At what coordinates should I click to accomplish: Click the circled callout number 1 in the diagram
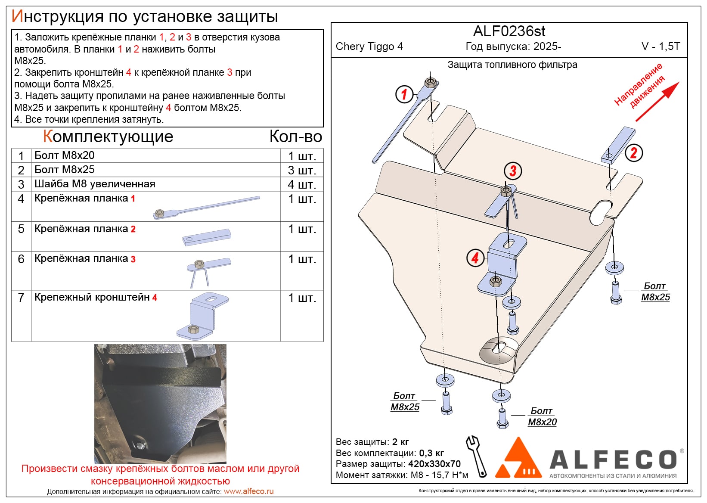(404, 94)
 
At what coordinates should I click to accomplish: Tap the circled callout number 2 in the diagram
(633, 152)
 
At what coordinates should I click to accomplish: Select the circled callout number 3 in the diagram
(512, 171)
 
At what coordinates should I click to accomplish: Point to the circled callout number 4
(475, 258)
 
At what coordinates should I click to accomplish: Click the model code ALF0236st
(509, 31)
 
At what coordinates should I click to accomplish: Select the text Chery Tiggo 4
(369, 47)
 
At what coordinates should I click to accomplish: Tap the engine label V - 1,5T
(660, 47)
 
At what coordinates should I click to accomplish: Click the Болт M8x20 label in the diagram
(542, 416)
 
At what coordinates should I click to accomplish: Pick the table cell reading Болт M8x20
(65, 155)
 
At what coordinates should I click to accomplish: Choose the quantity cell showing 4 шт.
(302, 184)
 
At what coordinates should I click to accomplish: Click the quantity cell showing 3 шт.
(302, 170)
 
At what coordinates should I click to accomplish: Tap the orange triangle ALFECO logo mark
(518, 459)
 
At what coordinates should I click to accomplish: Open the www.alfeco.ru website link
(248, 491)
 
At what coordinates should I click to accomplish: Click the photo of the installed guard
(160, 403)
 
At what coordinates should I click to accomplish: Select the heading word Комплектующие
(108, 137)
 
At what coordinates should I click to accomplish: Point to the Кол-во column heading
(296, 137)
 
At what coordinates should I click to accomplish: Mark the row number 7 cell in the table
(21, 298)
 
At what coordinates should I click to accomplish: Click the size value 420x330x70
(434, 464)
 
